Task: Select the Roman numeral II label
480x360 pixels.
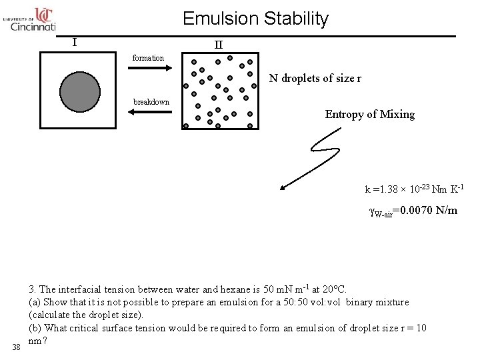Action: pos(218,45)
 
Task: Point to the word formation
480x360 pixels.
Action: pos(148,58)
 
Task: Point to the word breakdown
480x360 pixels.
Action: pos(151,102)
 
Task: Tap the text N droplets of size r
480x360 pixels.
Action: pos(315,79)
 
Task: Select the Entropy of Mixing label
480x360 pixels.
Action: pos(369,114)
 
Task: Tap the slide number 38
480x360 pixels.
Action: pos(15,347)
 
